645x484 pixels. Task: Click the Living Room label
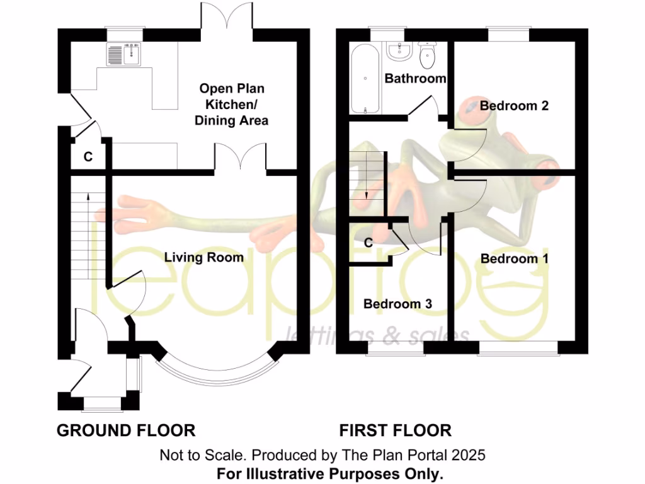click(x=203, y=257)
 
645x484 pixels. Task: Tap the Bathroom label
click(x=415, y=79)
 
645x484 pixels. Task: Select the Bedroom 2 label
click(x=514, y=105)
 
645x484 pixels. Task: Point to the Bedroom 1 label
click(x=515, y=258)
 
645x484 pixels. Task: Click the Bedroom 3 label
click(x=397, y=304)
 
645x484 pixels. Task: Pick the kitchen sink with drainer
click(x=123, y=54)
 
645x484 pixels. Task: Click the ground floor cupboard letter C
click(x=88, y=157)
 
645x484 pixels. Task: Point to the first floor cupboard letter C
click(x=368, y=241)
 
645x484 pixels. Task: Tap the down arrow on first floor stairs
click(x=365, y=191)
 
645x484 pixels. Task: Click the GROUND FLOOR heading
click(x=126, y=430)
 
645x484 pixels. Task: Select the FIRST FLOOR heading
click(x=396, y=430)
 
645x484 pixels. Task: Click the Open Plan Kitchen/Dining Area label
click(x=231, y=104)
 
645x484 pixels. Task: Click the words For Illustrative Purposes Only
click(x=330, y=473)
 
